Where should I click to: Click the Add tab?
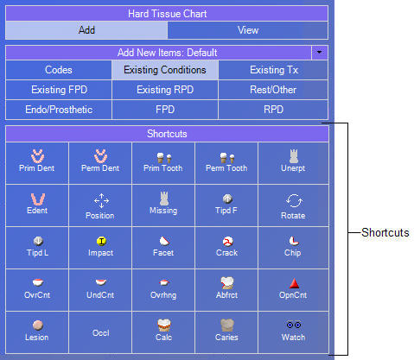click(x=86, y=30)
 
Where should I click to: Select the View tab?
click(x=248, y=30)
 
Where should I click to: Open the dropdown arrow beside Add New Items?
click(x=319, y=53)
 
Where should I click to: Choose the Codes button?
click(x=59, y=70)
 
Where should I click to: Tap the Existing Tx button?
click(x=273, y=70)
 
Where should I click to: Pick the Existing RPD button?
click(x=165, y=90)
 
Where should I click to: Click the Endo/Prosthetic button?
click(x=59, y=110)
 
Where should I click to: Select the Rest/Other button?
click(x=273, y=90)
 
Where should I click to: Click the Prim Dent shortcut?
click(x=37, y=163)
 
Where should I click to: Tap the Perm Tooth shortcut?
click(x=226, y=163)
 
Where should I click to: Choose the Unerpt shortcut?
click(x=293, y=163)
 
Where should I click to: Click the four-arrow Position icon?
click(x=101, y=200)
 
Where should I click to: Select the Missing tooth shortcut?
click(x=163, y=205)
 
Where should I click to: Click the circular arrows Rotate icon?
click(x=294, y=200)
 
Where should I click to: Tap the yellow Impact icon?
click(x=101, y=241)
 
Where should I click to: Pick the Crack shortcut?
click(x=226, y=248)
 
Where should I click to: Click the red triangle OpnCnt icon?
click(x=294, y=283)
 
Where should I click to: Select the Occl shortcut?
click(x=100, y=332)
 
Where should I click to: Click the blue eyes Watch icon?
click(x=294, y=325)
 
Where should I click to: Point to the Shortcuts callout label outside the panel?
click(x=385, y=232)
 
